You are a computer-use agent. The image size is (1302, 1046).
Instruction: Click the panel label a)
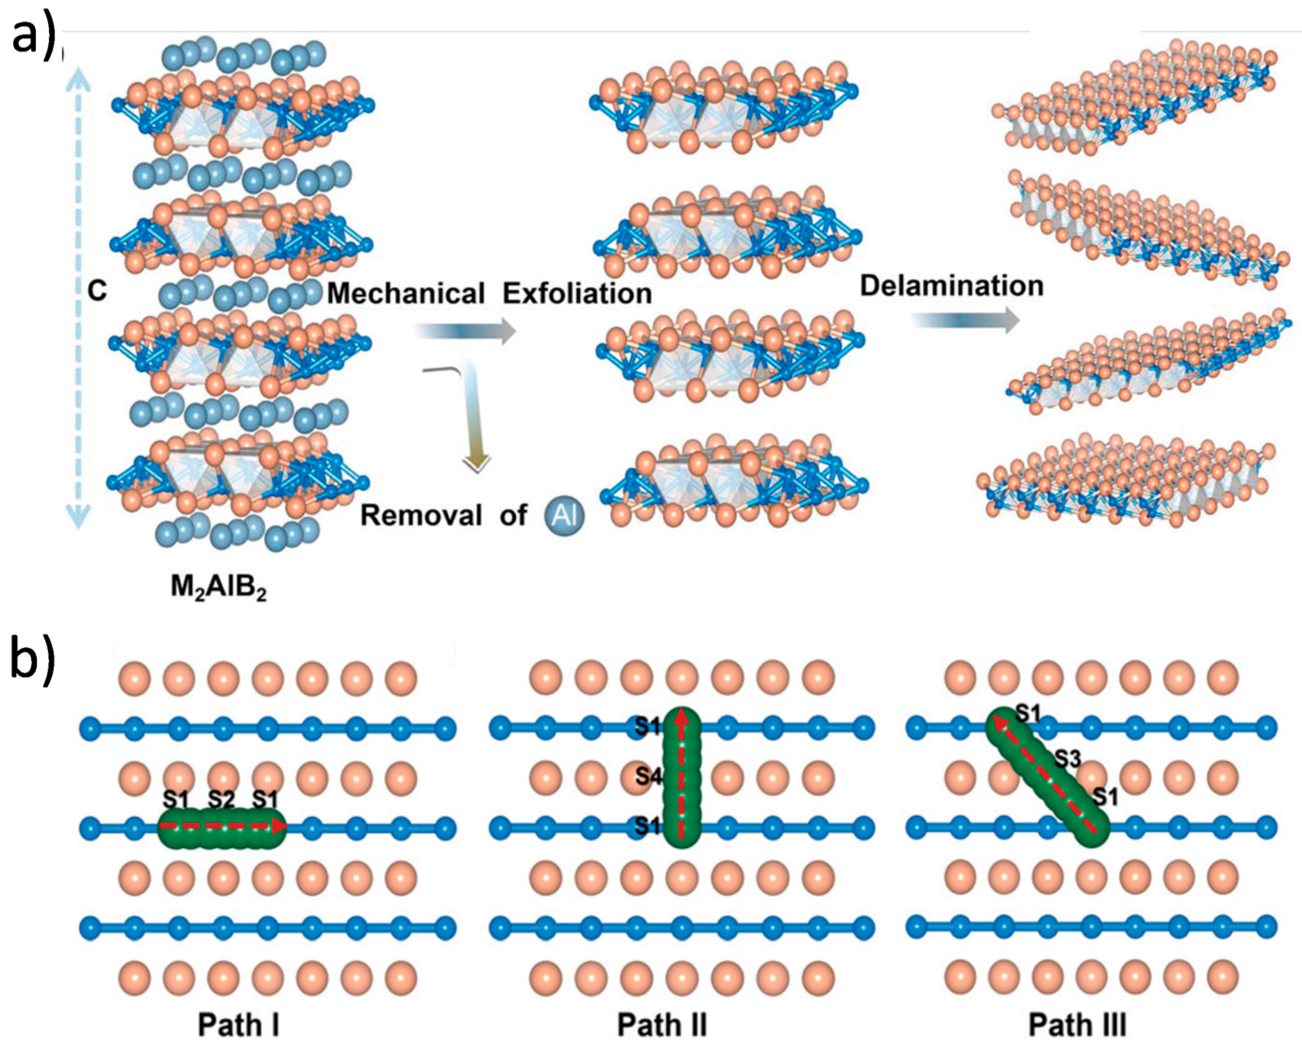[x=33, y=37]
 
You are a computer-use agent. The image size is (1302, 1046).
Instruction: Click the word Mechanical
[x=406, y=294]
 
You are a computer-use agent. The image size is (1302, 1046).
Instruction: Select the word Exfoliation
[x=577, y=294]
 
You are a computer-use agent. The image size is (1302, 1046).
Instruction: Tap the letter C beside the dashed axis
[x=97, y=292]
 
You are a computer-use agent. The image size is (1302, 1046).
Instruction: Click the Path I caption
[x=238, y=1024]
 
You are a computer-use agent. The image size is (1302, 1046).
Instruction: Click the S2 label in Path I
[x=221, y=800]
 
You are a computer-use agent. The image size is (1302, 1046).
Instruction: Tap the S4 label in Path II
[x=648, y=775]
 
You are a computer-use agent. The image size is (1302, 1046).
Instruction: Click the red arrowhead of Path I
[x=278, y=826]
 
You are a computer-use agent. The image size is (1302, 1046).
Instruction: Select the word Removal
[x=421, y=516]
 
